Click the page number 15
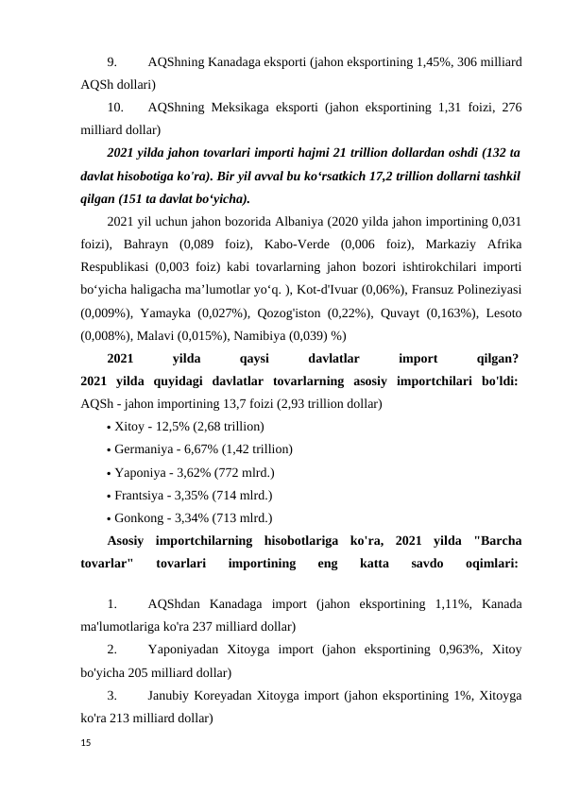click(x=86, y=745)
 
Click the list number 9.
click(x=112, y=62)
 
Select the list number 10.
click(x=115, y=108)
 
